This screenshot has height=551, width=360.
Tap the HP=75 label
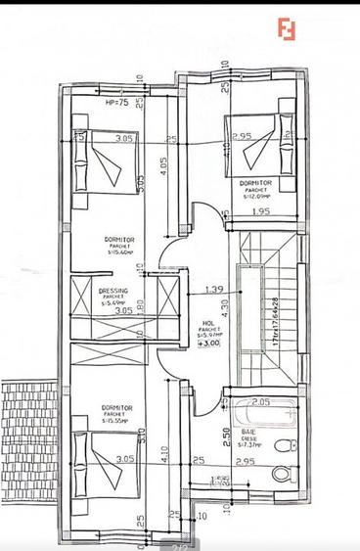tap(118, 103)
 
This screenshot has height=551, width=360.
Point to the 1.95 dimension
tap(259, 211)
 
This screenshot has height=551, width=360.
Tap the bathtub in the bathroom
tap(257, 415)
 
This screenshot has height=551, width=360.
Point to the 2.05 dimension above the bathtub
tap(259, 402)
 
